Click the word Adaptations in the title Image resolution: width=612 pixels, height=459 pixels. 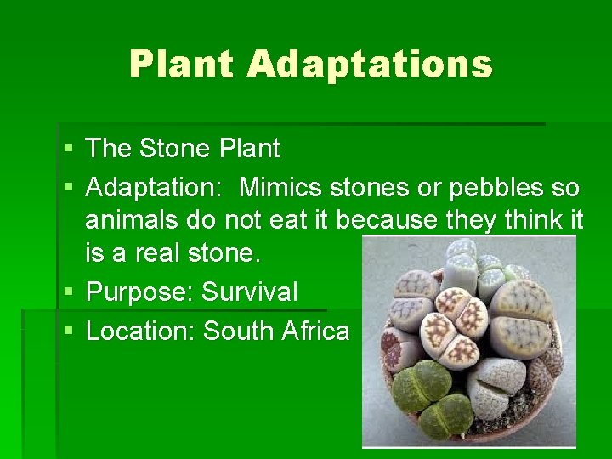(371, 65)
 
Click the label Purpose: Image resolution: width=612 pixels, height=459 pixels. (140, 292)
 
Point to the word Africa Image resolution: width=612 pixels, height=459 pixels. (315, 330)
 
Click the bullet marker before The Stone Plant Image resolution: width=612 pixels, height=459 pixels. (68, 150)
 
